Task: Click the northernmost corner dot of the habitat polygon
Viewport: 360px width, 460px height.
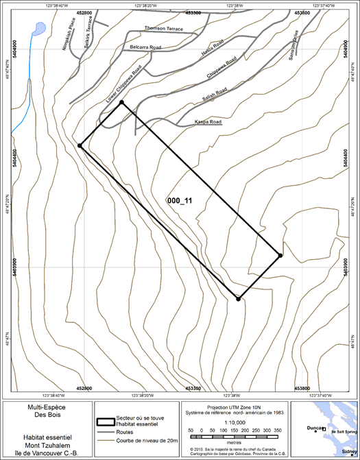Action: [x=121, y=103]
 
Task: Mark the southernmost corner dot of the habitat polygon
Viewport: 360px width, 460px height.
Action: [x=238, y=299]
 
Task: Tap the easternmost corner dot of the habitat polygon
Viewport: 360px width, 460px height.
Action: [x=280, y=256]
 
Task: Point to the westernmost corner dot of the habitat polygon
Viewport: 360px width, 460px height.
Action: [x=80, y=146]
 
